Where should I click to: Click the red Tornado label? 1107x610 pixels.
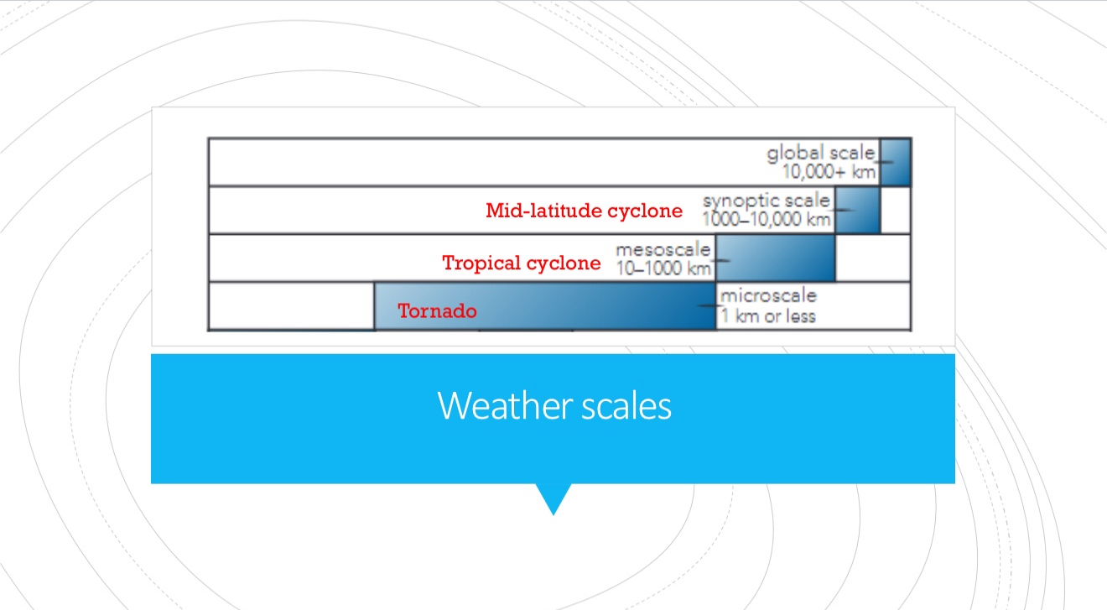438,311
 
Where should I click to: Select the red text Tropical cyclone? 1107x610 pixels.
522,263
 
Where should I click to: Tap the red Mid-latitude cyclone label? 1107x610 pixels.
585,211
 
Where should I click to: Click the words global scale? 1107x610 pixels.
821,153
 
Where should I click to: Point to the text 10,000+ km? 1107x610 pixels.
829,172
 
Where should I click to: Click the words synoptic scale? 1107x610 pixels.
767,201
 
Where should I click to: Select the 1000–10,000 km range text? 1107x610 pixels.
767,219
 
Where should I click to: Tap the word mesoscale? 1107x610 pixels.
663,250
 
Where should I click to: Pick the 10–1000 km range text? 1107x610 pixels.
663,269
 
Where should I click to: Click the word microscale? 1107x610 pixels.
768,295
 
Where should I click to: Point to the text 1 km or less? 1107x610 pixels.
768,315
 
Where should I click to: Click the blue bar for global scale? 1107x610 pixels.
895,162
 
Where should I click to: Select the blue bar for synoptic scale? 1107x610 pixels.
857,210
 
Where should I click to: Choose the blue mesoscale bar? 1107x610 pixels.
776,258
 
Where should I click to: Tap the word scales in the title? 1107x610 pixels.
626,406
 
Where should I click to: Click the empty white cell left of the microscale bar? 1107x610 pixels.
292,305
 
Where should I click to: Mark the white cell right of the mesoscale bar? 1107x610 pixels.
873,258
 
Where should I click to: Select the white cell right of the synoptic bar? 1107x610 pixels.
895,210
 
